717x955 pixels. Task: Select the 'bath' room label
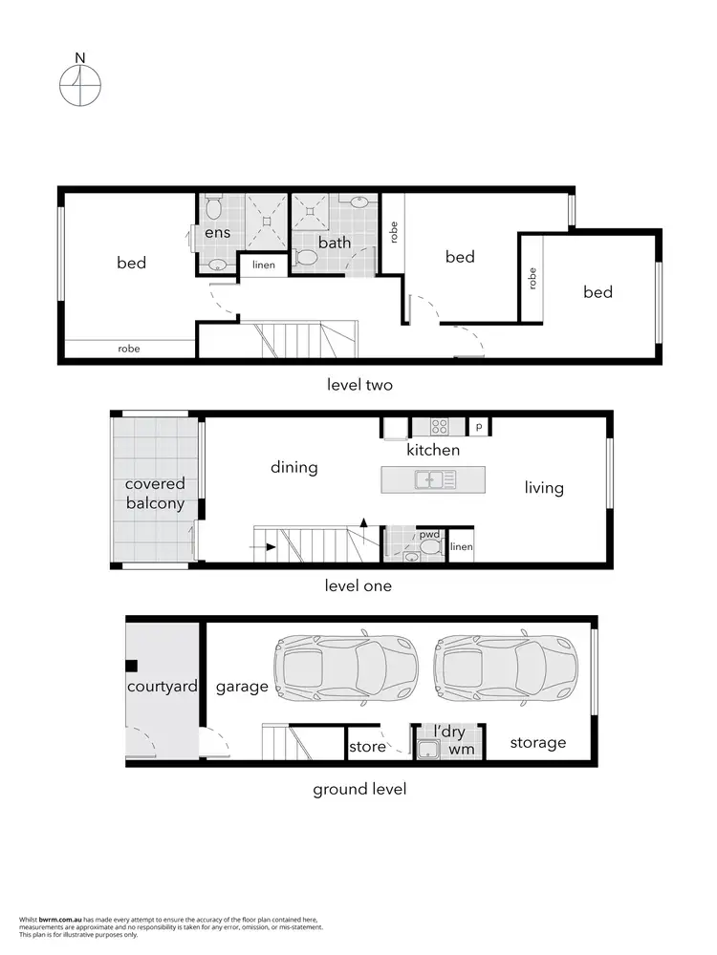click(335, 243)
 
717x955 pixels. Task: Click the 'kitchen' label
click(433, 450)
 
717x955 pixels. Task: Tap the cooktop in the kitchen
click(441, 427)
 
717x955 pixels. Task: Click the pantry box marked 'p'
click(479, 427)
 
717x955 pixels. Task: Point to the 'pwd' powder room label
click(429, 535)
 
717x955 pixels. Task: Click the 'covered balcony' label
click(154, 494)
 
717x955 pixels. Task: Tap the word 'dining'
click(293, 467)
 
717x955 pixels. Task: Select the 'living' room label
click(544, 487)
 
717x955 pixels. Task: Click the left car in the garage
click(345, 668)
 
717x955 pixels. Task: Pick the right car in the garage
click(506, 668)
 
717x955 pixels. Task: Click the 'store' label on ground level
click(367, 746)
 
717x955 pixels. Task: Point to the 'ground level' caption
click(359, 789)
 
